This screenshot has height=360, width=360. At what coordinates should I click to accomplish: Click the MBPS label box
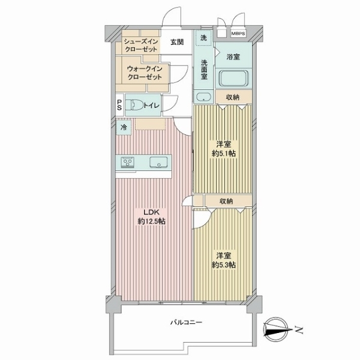238,34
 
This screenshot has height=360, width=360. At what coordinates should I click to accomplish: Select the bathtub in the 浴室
233,78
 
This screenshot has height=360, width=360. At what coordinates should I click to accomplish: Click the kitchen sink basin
158,162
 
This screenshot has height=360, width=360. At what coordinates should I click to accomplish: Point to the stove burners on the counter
128,163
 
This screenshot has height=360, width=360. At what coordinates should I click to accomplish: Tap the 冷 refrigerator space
124,127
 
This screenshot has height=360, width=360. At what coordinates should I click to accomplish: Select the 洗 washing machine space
203,38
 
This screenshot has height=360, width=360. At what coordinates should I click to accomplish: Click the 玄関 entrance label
177,42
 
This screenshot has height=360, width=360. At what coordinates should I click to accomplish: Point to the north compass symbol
276,329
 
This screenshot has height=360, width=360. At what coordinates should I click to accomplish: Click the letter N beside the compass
299,330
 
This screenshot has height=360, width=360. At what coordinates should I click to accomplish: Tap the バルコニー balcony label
186,322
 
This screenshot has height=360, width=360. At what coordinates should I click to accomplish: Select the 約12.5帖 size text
152,221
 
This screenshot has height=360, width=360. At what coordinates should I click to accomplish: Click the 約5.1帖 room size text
224,154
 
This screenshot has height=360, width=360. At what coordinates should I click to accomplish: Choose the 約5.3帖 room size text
224,265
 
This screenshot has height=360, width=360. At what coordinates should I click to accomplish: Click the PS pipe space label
119,104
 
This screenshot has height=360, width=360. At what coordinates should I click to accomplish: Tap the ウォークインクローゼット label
145,73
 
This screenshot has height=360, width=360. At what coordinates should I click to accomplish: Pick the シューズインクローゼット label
141,45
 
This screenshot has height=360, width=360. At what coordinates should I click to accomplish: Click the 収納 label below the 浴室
233,97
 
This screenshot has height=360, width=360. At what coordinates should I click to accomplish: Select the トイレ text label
151,106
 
